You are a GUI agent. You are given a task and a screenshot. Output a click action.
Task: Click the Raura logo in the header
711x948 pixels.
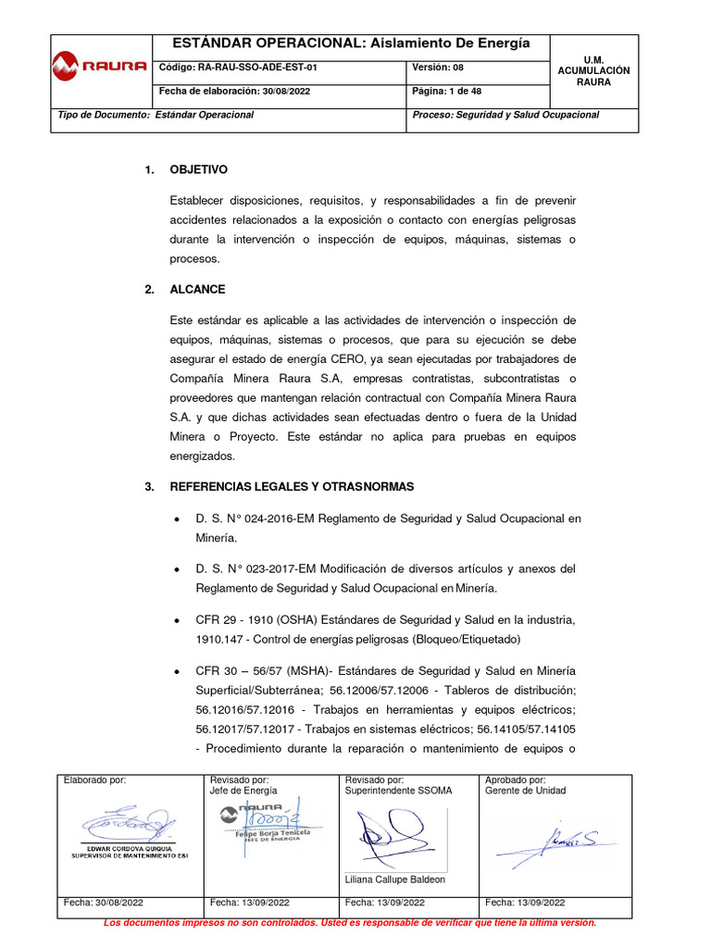pos(100,66)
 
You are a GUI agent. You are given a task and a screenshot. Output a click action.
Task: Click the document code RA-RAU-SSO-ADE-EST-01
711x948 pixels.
pos(239,68)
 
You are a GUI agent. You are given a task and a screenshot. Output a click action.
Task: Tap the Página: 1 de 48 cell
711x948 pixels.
pos(446,92)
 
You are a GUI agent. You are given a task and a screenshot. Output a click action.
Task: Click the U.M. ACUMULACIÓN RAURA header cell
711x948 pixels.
pos(592,70)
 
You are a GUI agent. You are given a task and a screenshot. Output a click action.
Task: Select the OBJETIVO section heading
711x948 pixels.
pos(198,169)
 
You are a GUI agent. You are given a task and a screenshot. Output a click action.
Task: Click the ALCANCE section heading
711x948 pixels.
pos(197,290)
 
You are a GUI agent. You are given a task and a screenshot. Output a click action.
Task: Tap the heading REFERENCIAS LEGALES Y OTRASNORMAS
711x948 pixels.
pos(292,487)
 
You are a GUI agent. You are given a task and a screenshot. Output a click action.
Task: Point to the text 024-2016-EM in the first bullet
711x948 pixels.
pos(283,519)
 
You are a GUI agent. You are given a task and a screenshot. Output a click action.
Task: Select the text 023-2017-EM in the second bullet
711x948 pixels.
pos(283,568)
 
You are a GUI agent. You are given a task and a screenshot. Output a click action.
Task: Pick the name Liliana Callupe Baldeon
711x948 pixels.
pos(394,879)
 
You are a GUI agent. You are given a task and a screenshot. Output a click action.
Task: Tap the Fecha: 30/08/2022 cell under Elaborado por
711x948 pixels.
pos(102,902)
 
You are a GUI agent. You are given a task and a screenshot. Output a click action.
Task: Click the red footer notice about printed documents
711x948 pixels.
pos(350,923)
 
